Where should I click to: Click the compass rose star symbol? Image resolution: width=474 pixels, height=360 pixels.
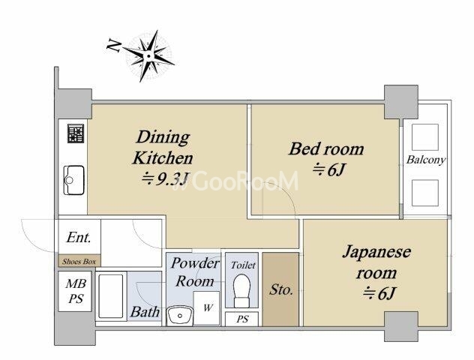pos(148,56)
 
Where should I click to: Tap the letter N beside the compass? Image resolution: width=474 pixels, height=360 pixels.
pos(114,46)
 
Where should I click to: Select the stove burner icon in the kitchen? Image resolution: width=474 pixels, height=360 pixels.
pos(76,133)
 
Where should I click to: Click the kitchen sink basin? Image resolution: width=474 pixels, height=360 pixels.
pos(73,180)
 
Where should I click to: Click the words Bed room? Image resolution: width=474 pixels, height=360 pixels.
pos(326,149)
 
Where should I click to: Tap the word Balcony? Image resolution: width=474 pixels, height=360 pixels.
pos(425,160)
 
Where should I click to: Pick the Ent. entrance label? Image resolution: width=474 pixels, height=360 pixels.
pos(78,237)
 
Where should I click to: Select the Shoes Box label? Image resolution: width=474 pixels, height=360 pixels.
pos(79,262)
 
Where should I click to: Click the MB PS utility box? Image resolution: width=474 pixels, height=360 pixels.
pos(75,292)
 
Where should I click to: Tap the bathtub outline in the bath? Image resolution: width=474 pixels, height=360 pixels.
pos(111,296)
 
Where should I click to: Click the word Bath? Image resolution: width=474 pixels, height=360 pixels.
pos(145,312)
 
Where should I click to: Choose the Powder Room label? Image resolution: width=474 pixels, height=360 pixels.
pos(195,272)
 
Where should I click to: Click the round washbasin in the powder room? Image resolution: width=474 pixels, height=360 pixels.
pos(181,316)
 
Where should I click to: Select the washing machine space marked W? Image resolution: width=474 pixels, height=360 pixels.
pos(206,308)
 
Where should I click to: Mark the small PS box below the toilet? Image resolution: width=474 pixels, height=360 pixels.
pos(241,319)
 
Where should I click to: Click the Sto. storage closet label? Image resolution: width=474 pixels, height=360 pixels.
pos(280,290)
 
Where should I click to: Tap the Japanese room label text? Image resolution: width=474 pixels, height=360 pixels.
pos(376,262)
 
